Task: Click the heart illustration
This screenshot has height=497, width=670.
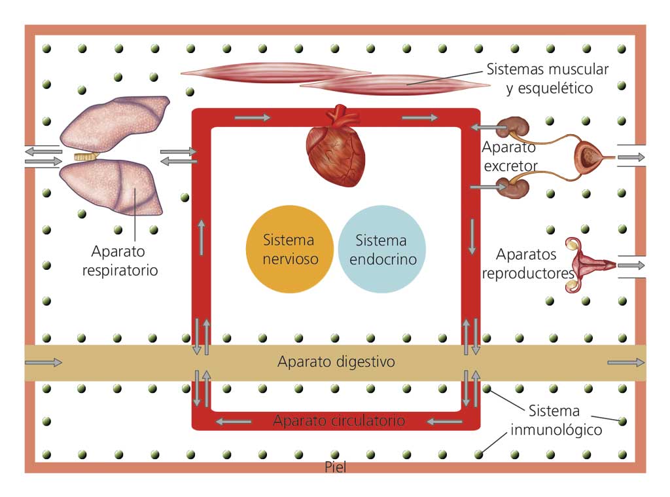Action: pos(336,147)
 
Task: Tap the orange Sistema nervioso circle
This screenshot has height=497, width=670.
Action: pos(290,249)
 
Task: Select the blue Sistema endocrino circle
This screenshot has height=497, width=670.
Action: pos(383,249)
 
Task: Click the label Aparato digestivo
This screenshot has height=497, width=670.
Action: pos(336,361)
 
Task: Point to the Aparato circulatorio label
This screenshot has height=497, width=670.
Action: pos(339,420)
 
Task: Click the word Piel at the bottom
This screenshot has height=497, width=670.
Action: pos(335,468)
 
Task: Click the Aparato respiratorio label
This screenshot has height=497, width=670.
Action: pos(120,261)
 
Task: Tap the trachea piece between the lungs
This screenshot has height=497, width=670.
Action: pos(85,157)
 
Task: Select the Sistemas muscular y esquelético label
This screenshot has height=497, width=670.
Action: pos(548,78)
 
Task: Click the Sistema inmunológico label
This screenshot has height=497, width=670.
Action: pos(554,420)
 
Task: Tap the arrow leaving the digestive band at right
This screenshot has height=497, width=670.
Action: pos(626,362)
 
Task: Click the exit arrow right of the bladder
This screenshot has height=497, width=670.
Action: pos(631,157)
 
